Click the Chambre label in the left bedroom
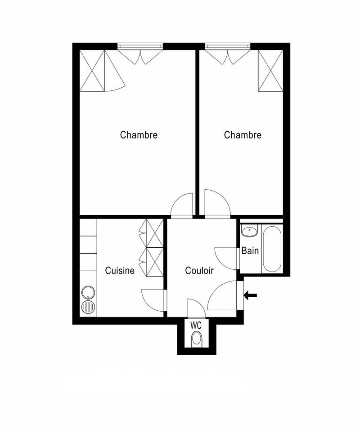(139, 135)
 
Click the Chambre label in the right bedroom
(243, 135)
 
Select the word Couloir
(199, 271)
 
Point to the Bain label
(250, 250)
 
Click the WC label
(196, 325)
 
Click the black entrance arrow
(250, 295)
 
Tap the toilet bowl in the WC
(197, 339)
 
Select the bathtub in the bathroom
(272, 249)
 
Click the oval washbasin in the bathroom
(248, 232)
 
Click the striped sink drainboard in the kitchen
(88, 308)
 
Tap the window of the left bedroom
(140, 46)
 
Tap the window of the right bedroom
(227, 46)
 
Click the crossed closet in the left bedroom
(92, 71)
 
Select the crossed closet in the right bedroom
(270, 71)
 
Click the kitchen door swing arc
(153, 299)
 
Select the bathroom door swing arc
(226, 258)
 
